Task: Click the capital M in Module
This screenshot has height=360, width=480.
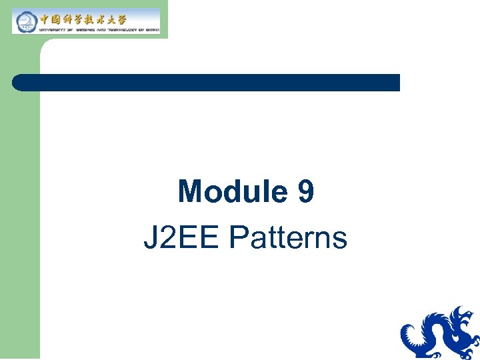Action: [x=191, y=192]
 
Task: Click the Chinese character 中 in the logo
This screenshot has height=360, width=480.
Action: [x=47, y=17]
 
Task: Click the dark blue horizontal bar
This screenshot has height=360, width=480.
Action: [x=207, y=82]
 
